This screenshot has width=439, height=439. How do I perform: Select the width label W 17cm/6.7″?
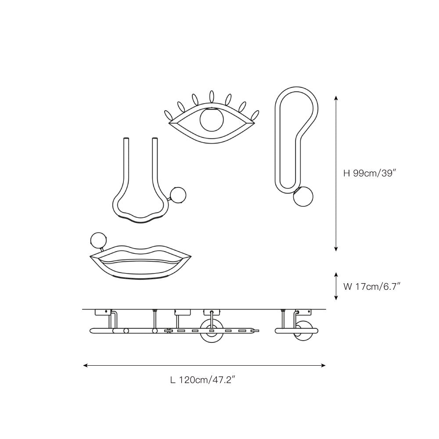coord(372,286)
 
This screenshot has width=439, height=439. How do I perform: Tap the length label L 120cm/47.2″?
coord(202,380)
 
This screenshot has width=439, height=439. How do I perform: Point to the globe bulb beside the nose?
coord(178,195)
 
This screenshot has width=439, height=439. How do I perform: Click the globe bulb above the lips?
coord(99,241)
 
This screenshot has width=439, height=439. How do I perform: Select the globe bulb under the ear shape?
coord(303,197)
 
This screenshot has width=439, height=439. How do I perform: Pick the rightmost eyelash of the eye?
coord(255,116)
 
